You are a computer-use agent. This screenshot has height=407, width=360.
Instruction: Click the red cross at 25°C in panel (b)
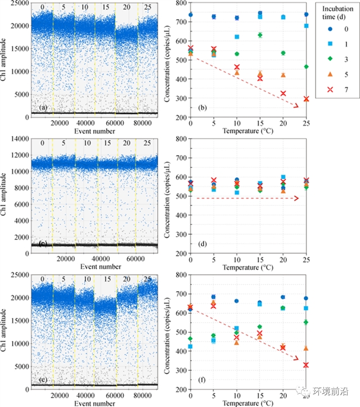click(x=306, y=99)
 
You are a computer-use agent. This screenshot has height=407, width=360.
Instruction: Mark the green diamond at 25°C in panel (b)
click(x=306, y=67)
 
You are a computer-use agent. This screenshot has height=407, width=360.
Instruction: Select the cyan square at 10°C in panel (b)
click(x=237, y=37)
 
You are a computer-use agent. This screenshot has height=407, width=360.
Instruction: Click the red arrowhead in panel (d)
click(x=297, y=198)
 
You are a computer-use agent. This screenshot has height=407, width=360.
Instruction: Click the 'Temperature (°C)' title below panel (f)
click(x=248, y=403)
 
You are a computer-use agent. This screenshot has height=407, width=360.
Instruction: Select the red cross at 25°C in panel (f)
click(x=306, y=365)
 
